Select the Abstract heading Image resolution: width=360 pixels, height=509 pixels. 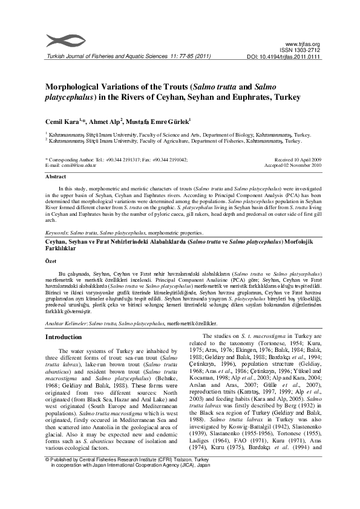click(x=56, y=177)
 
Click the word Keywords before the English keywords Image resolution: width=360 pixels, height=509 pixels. click(x=57, y=232)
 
